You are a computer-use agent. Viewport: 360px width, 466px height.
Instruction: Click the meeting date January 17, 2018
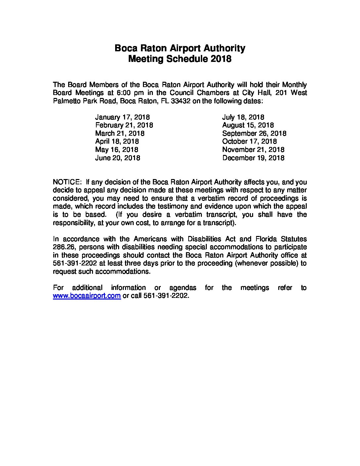click(x=122, y=117)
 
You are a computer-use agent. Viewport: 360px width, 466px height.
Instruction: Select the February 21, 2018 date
click(x=124, y=125)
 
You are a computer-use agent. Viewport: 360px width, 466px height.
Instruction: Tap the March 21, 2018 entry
click(x=120, y=133)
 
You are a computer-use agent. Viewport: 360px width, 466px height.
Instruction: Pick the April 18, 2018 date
click(x=117, y=142)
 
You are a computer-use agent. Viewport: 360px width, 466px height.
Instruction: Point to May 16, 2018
click(x=116, y=150)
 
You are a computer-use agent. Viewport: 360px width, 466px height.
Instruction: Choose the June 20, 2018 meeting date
click(x=117, y=158)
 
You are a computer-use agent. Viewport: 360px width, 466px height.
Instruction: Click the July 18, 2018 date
click(x=243, y=117)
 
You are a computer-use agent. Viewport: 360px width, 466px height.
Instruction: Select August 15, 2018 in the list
click(x=248, y=125)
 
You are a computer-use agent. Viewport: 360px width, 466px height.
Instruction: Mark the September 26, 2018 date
click(x=254, y=133)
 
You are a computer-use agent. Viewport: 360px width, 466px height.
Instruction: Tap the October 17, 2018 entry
click(x=249, y=142)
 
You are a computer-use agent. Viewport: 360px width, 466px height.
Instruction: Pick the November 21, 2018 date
click(x=253, y=150)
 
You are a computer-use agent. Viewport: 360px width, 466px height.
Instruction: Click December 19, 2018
click(x=253, y=158)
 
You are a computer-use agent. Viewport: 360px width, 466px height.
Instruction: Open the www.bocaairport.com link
click(x=87, y=296)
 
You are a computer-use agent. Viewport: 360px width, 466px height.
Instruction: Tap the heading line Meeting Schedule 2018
click(x=180, y=59)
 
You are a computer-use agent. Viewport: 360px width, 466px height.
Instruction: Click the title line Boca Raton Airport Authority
click(x=180, y=48)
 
